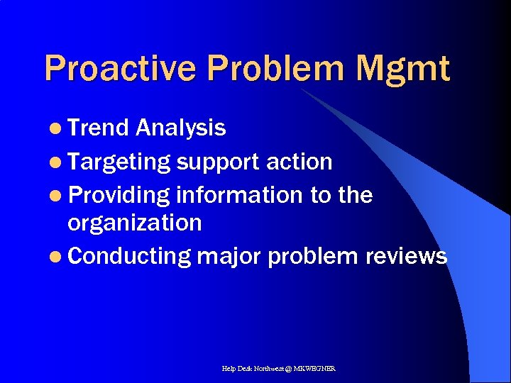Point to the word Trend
99,128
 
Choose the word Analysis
181,128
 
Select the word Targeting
120,162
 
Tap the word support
219,162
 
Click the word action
300,162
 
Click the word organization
135,223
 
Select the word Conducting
130,256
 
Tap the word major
229,256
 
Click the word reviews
407,256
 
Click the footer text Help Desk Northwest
252,369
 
